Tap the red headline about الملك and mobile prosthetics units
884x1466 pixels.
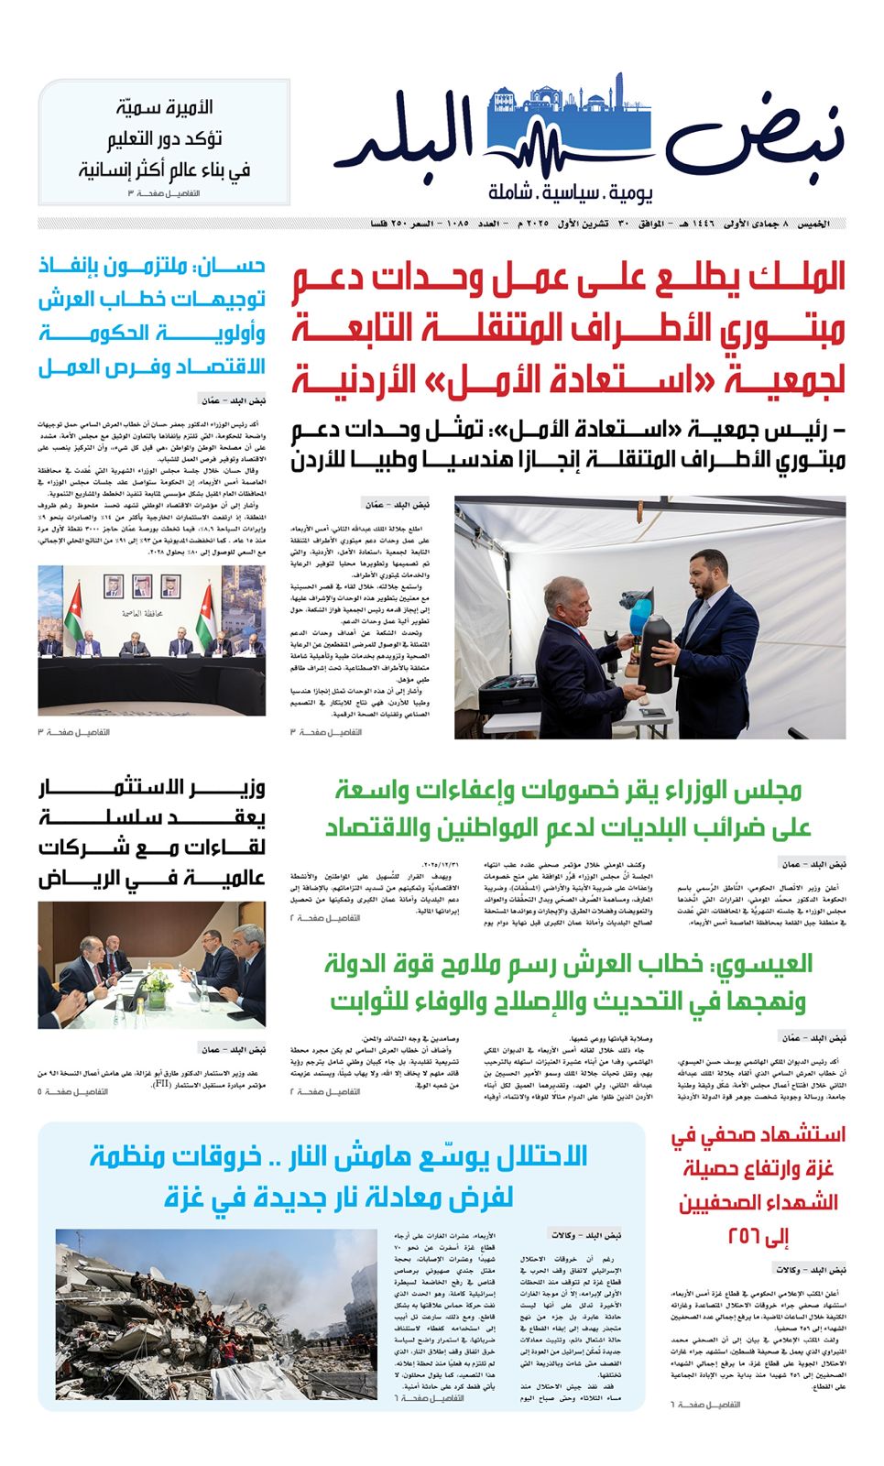pyautogui.click(x=568, y=329)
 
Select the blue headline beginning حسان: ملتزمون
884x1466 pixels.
pyautogui.click(x=152, y=316)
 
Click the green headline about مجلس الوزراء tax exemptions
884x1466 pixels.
pyautogui.click(x=568, y=808)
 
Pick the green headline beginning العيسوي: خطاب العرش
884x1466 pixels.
pyautogui.click(x=568, y=982)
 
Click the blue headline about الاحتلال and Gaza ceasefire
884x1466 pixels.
pyautogui.click(x=339, y=1176)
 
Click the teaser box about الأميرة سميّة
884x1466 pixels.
pyautogui.click(x=165, y=141)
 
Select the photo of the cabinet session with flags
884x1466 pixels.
pyautogui.click(x=152, y=640)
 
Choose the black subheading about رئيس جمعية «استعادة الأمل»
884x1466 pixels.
pyautogui.click(x=568, y=444)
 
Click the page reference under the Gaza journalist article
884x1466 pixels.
pyautogui.click(x=704, y=1405)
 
